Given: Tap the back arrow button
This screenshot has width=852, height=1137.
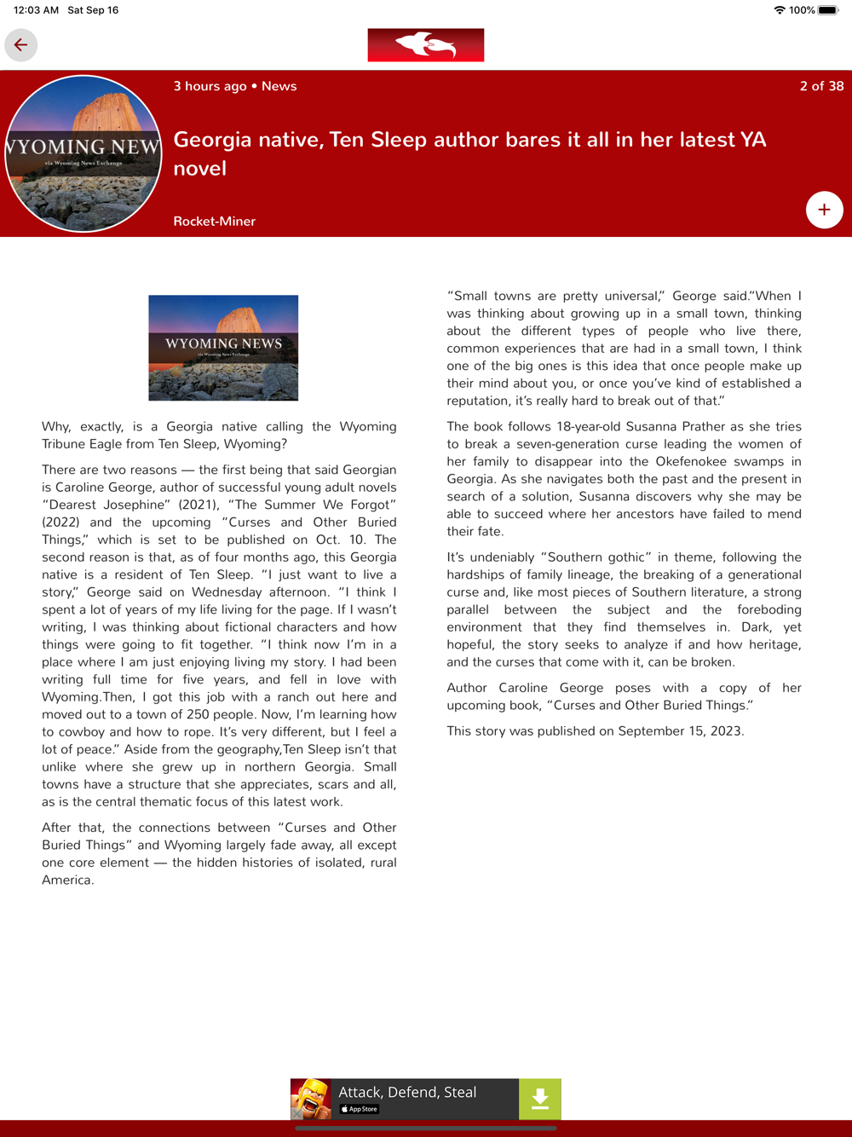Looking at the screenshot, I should [x=20, y=45].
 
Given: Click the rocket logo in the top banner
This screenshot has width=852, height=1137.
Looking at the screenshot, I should [x=426, y=45].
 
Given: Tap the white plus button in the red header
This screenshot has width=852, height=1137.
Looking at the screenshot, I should [x=824, y=210].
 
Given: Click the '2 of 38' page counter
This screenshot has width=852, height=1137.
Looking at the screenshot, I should [x=821, y=86].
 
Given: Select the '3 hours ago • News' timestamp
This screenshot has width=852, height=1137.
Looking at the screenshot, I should [x=235, y=86].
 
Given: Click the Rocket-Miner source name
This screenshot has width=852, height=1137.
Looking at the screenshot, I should [x=215, y=221].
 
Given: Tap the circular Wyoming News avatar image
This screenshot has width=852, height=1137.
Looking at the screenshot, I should [x=83, y=154].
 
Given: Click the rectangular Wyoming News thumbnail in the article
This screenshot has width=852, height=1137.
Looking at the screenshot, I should [x=223, y=348].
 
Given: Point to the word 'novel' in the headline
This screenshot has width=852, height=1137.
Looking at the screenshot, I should [x=200, y=168].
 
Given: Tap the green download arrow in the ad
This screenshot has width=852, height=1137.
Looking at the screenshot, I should [x=540, y=1099].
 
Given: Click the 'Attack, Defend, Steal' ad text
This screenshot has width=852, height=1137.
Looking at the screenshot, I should [x=407, y=1093].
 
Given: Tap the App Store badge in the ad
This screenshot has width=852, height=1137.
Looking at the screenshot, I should [x=360, y=1109].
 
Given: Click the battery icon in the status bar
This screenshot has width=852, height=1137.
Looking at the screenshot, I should [x=828, y=10].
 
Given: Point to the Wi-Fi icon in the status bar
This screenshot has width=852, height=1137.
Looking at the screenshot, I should [x=779, y=10].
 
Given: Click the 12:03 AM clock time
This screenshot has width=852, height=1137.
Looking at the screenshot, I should [x=37, y=10].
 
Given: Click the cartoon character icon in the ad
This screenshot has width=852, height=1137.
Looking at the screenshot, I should [x=312, y=1099].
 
